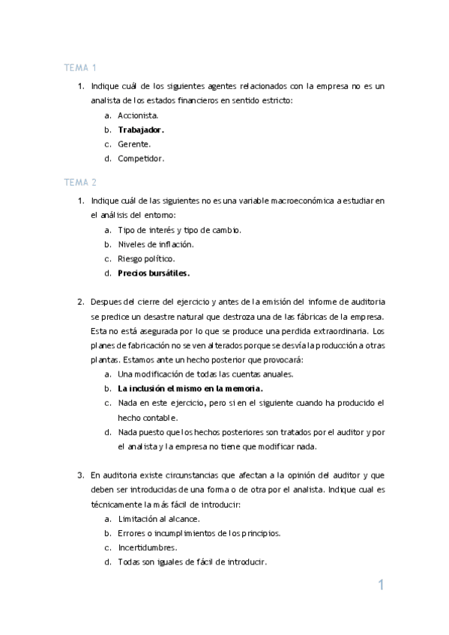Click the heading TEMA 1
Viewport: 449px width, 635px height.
tap(80, 68)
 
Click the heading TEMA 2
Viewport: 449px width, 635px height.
tap(80, 182)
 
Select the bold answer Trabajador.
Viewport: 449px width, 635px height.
tap(141, 130)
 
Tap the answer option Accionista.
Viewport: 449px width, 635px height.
tap(138, 115)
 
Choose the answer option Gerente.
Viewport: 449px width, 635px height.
tap(134, 144)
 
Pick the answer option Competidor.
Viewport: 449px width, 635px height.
tap(141, 158)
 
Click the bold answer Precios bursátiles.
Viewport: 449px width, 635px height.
tap(154, 273)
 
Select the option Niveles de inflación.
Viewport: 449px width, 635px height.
tap(156, 244)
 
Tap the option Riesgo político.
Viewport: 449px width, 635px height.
tap(146, 258)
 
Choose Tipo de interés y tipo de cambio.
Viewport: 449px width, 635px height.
tap(179, 230)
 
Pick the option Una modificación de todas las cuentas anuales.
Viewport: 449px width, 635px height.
tap(205, 374)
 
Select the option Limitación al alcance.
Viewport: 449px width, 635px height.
tap(159, 518)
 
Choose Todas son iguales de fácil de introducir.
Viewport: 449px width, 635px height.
tap(193, 562)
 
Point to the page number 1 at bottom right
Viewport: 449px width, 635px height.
tap(381, 586)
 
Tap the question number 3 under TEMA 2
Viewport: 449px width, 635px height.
tap(81, 475)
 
